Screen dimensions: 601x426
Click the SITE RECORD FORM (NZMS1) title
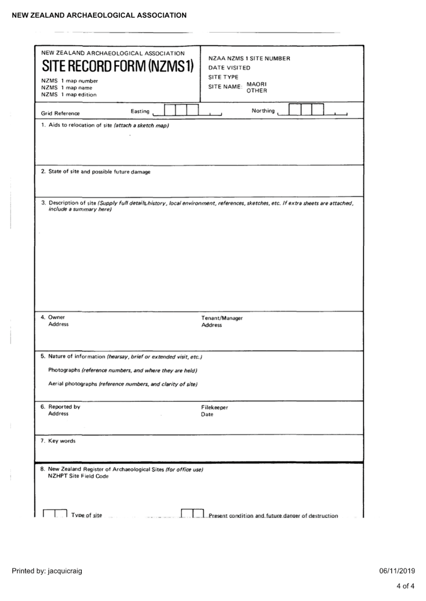(118, 66)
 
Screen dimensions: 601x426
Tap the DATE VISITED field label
(229, 68)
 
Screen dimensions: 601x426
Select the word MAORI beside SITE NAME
(257, 84)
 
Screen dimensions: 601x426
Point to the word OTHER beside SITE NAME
(257, 91)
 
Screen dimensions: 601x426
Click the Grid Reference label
(60, 113)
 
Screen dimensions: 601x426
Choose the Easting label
(140, 111)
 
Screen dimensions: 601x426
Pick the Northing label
(263, 111)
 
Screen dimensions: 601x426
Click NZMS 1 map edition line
(69, 95)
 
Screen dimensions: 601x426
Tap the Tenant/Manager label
(222, 318)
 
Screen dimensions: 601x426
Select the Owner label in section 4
(56, 317)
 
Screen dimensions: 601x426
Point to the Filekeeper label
(214, 408)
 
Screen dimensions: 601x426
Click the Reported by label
(64, 407)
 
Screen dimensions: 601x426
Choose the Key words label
(61, 441)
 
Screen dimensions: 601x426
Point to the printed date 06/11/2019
(397, 571)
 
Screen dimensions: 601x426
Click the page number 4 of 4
(405, 586)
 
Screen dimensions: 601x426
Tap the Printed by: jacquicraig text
(47, 571)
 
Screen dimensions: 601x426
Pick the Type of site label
(87, 515)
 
